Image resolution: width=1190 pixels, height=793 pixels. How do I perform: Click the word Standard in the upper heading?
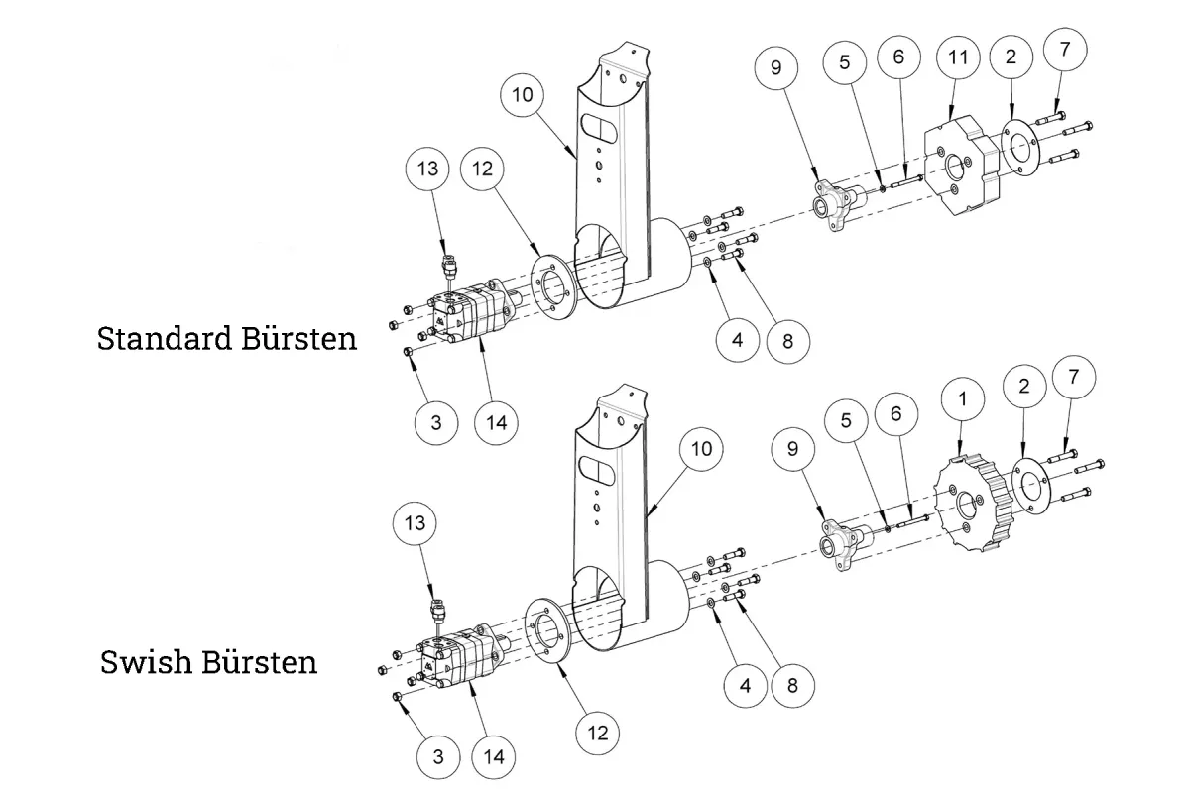[x=165, y=338]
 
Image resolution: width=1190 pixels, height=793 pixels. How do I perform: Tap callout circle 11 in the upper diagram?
[x=958, y=57]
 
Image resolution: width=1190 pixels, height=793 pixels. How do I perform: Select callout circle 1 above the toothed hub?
[x=962, y=398]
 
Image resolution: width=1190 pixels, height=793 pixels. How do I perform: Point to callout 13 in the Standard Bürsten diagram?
[x=427, y=169]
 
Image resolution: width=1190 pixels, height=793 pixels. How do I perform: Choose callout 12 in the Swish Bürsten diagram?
[x=597, y=733]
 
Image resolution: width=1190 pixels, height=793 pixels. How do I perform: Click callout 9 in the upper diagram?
[x=775, y=68]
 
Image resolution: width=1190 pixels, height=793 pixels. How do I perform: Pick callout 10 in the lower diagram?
[x=701, y=449]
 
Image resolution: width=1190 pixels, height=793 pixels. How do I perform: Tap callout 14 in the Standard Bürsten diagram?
[x=496, y=423]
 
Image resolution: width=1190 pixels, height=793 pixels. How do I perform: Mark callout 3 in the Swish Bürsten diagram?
[x=438, y=757]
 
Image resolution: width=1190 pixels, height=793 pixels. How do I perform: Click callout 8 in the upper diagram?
[x=787, y=342]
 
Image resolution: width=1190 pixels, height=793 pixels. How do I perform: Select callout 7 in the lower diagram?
[x=1074, y=377]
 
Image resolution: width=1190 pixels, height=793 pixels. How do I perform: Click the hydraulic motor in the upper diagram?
[x=470, y=312]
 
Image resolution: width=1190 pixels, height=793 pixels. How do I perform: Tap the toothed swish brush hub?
[x=973, y=503]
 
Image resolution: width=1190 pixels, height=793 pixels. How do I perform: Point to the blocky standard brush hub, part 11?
[x=962, y=166]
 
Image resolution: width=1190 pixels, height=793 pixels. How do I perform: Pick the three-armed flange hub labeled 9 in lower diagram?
[x=845, y=545]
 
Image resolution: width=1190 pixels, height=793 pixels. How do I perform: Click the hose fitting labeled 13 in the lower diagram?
[x=437, y=611]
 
